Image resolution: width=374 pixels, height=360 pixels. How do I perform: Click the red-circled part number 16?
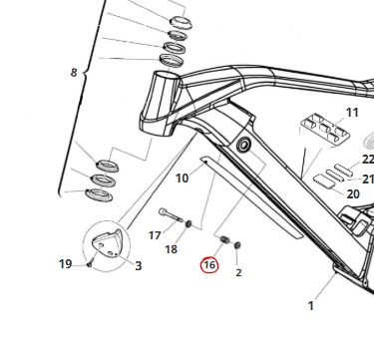tap(209, 265)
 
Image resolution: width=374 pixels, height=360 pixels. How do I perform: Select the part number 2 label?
tap(238, 272)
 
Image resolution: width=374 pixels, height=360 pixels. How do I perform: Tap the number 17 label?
tap(155, 235)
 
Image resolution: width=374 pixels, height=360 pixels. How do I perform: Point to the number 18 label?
tap(172, 249)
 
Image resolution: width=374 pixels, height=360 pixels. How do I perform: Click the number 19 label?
tap(66, 264)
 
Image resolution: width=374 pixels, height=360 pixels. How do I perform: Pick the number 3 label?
tap(139, 266)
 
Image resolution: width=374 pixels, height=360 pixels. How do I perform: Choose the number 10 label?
tap(182, 179)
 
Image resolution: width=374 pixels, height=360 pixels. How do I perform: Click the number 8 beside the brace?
tap(74, 73)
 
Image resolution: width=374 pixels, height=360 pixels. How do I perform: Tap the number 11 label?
tap(352, 113)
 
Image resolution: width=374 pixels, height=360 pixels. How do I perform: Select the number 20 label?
tap(353, 194)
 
